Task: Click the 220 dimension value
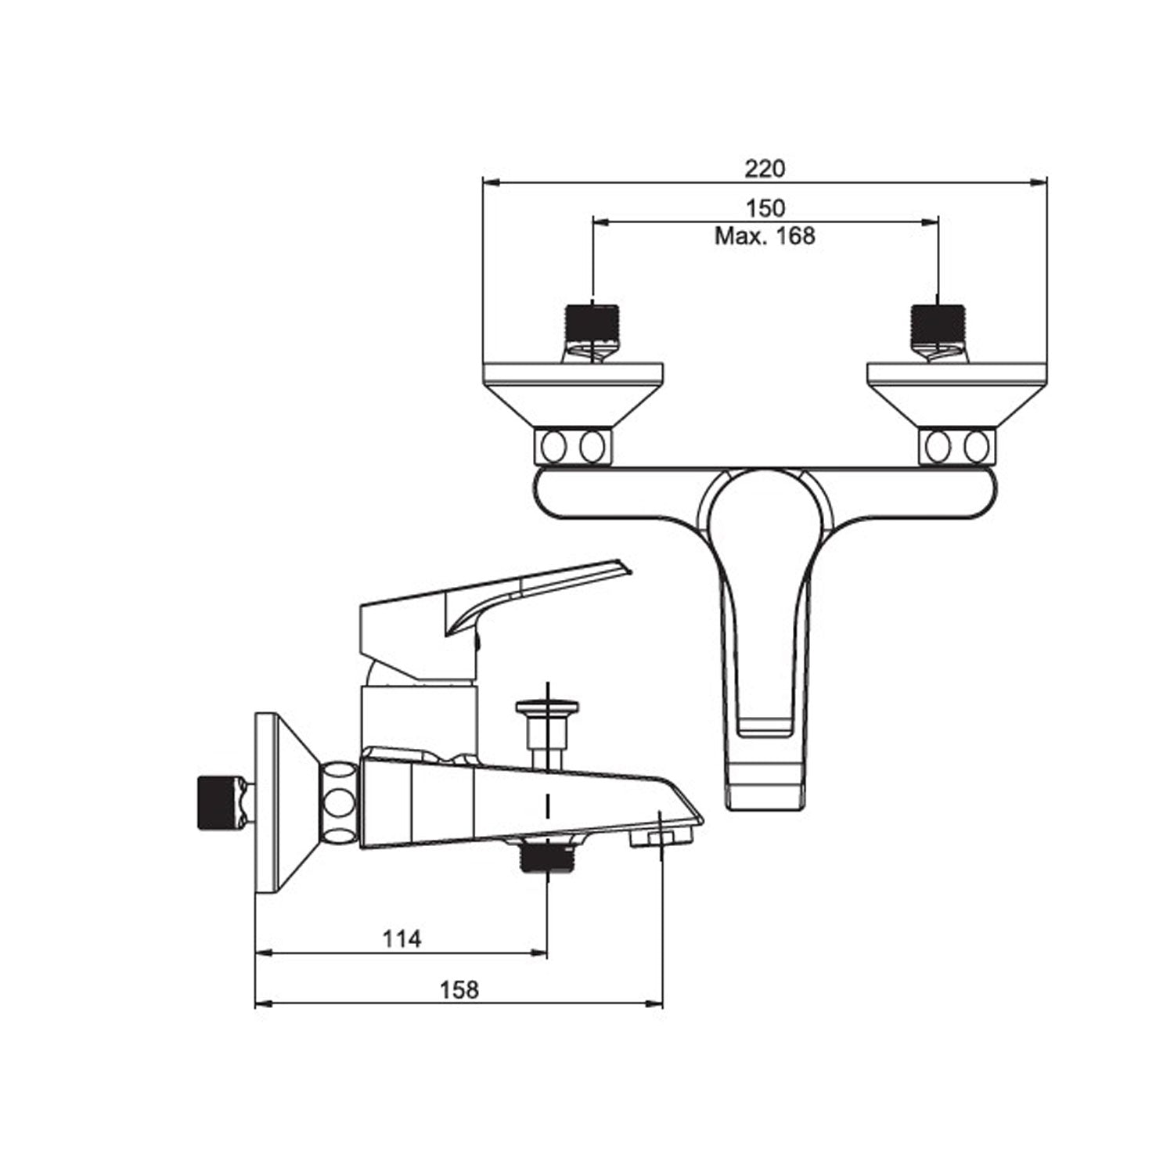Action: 765,168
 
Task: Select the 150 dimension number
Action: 765,208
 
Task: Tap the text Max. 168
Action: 765,236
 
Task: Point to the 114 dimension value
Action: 402,938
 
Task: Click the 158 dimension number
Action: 459,990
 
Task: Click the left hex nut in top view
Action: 573,447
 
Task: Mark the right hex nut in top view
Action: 956,447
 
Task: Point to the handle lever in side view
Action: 501,595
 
